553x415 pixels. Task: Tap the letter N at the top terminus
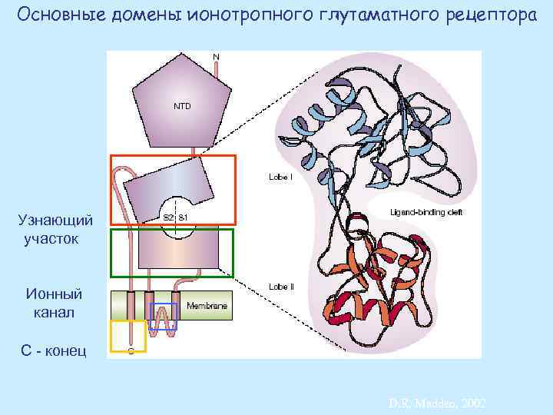coord(216,57)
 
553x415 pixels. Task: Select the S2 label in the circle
coord(169,217)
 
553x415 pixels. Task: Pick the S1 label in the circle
coord(184,217)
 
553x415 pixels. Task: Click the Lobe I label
coord(280,176)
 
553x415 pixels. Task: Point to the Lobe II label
coord(281,287)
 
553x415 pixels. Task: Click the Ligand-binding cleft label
coord(426,211)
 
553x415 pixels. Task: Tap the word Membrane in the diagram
coord(207,306)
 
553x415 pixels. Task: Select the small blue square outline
coord(164,316)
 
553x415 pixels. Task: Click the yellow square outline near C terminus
coord(128,336)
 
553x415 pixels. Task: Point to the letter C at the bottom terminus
coord(131,351)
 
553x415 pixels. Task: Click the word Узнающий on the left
coord(55,221)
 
